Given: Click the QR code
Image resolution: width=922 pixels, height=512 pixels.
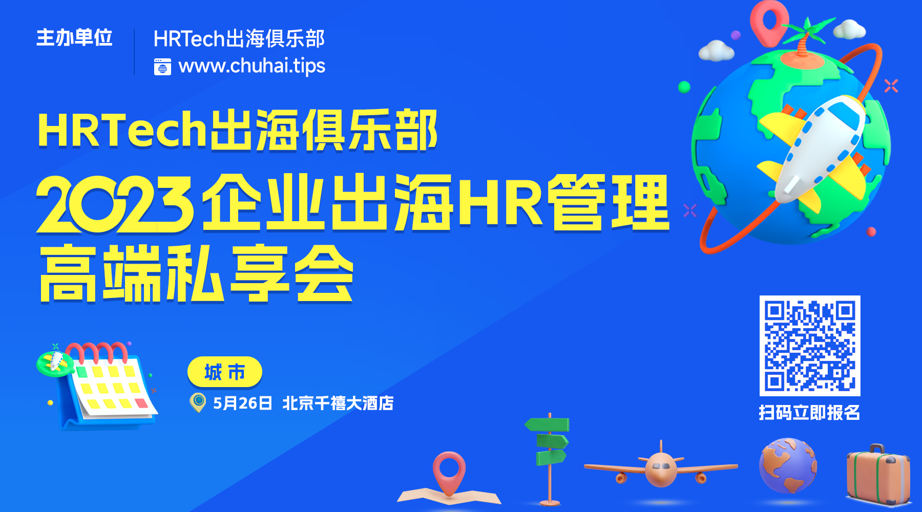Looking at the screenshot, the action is click(810, 346).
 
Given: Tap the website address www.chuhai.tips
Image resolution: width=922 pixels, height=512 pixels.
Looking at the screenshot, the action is click(252, 66).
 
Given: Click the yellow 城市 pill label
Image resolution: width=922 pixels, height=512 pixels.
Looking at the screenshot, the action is click(225, 372).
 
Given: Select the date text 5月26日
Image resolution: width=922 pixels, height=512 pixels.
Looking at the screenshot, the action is click(242, 403).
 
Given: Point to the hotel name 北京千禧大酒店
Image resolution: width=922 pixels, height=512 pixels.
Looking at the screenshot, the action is click(338, 403).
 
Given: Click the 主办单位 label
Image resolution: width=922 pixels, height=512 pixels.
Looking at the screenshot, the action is click(74, 38).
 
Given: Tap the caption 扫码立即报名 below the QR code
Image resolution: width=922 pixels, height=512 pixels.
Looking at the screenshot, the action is click(809, 413).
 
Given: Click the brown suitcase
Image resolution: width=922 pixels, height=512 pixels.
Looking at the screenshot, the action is click(878, 475).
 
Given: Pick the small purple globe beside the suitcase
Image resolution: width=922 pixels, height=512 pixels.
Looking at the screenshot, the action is click(788, 465).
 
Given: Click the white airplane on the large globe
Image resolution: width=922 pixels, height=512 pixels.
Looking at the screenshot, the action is click(814, 148).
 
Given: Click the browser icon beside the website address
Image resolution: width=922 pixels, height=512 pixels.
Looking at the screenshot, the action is click(163, 67).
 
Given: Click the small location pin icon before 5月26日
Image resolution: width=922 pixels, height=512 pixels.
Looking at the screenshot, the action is click(198, 402).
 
